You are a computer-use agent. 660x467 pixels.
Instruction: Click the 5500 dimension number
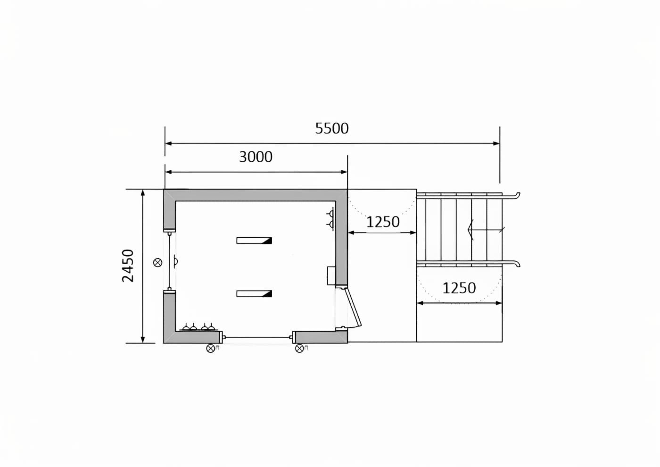pyautogui.click(x=332, y=128)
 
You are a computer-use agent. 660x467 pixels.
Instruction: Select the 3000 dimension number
pyautogui.click(x=256, y=157)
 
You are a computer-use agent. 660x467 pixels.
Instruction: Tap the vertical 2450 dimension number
pyautogui.click(x=128, y=266)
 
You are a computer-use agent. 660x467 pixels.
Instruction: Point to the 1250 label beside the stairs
pyautogui.click(x=383, y=222)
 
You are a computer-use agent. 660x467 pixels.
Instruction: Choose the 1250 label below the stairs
pyautogui.click(x=459, y=288)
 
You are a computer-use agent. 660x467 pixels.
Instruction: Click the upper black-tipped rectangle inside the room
pyautogui.click(x=254, y=240)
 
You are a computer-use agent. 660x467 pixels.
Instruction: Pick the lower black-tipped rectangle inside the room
pyautogui.click(x=254, y=293)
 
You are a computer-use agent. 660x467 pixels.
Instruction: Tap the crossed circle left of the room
pyautogui.click(x=158, y=262)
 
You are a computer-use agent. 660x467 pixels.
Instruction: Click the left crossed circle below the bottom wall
pyautogui.click(x=210, y=349)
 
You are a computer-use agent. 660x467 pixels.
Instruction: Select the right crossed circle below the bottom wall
pyautogui.click(x=299, y=349)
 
